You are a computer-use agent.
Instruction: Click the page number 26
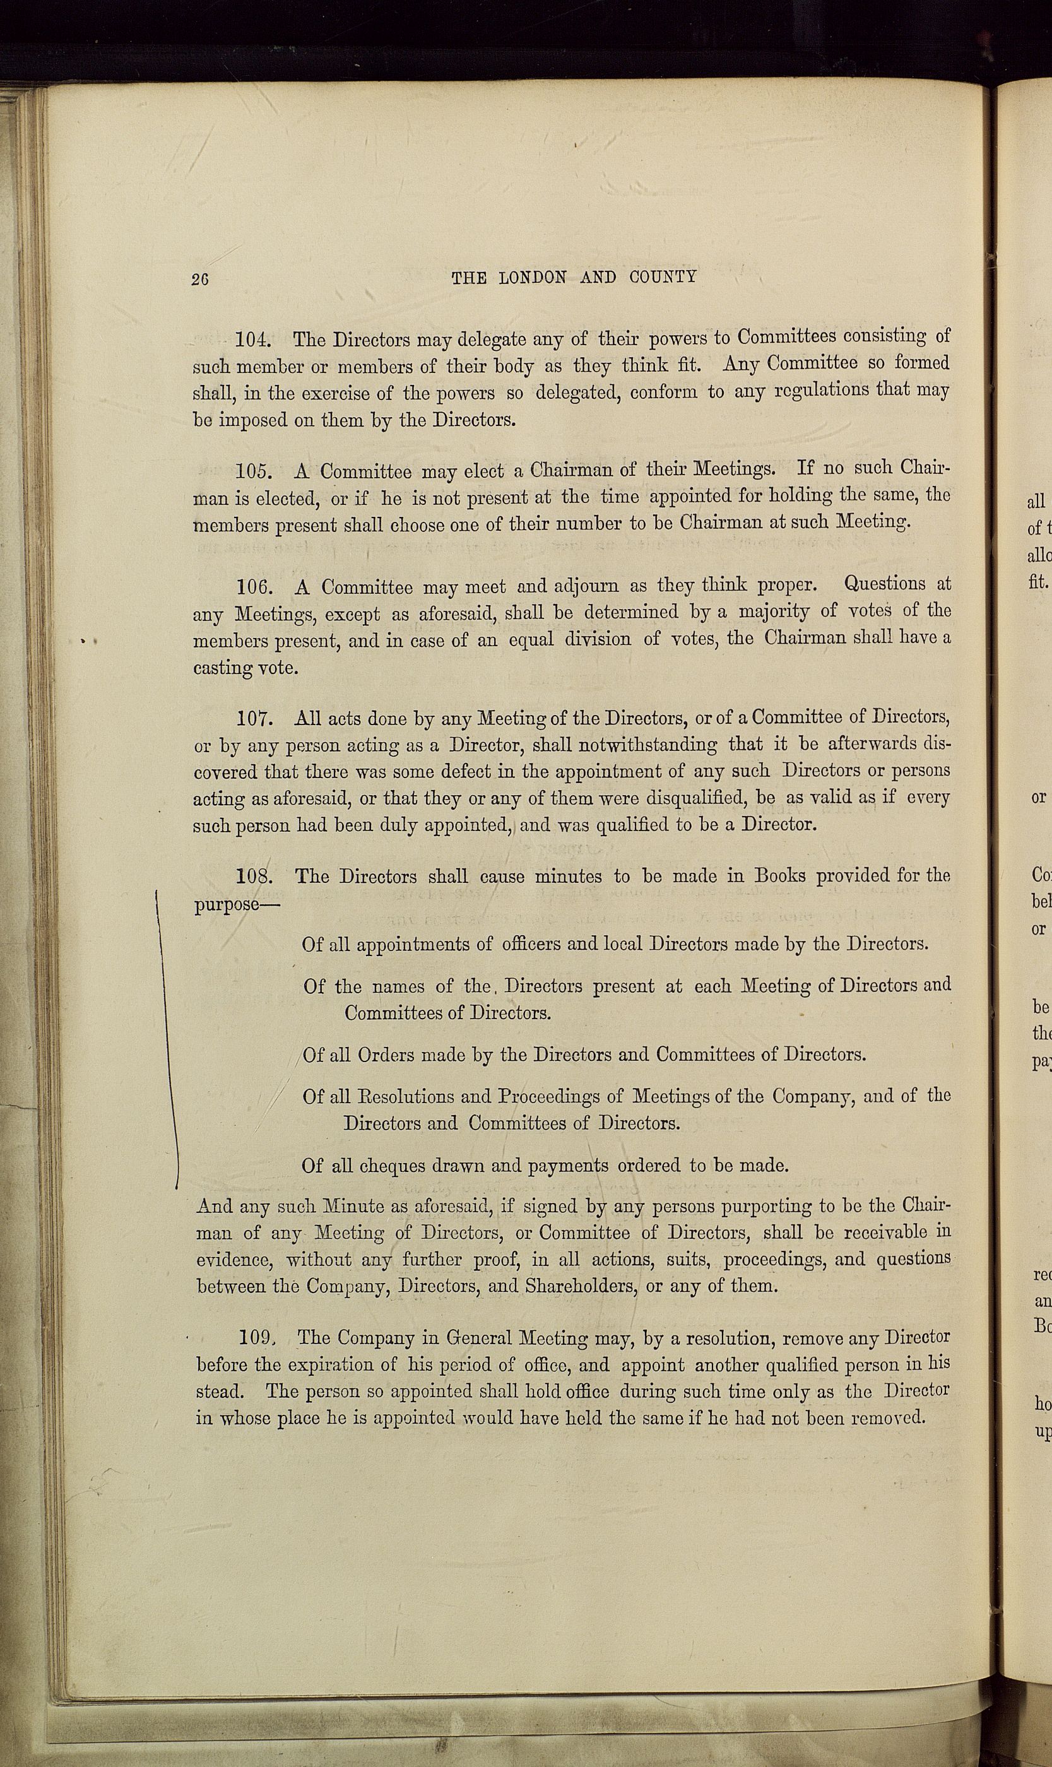[199, 280]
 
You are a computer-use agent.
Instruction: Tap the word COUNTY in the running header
[663, 277]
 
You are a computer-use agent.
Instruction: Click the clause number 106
[252, 588]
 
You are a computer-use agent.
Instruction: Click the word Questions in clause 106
[885, 583]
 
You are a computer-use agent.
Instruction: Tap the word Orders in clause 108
[386, 1055]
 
